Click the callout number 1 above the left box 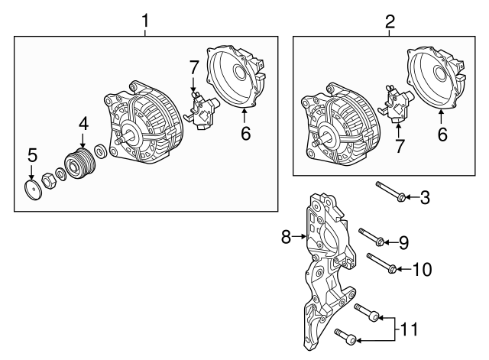click(145, 22)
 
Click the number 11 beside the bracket click(410, 329)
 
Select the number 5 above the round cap click(31, 155)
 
